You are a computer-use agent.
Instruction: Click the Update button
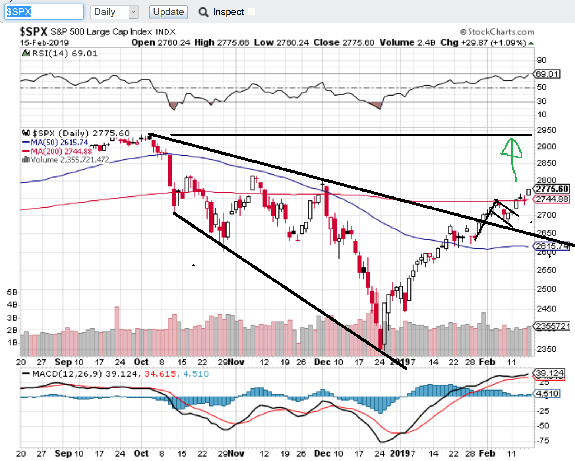168,12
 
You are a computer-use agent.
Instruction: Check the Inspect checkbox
252,11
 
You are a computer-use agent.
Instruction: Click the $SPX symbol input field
44,12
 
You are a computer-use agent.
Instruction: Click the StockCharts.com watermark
497,32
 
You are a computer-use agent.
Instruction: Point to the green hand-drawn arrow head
512,148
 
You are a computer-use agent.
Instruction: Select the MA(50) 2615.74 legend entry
56,142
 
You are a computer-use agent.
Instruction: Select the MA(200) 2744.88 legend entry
57,151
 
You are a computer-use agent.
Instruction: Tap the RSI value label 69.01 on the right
547,74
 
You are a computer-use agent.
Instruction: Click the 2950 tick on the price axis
546,130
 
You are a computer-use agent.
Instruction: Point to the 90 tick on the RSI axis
542,60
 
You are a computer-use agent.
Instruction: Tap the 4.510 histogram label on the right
547,394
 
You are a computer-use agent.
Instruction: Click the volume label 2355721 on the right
552,326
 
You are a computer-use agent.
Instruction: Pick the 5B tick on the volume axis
12,292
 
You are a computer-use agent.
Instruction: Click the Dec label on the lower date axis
322,453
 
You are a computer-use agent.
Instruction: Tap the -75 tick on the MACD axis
544,441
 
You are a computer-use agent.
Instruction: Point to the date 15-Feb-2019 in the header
44,43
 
